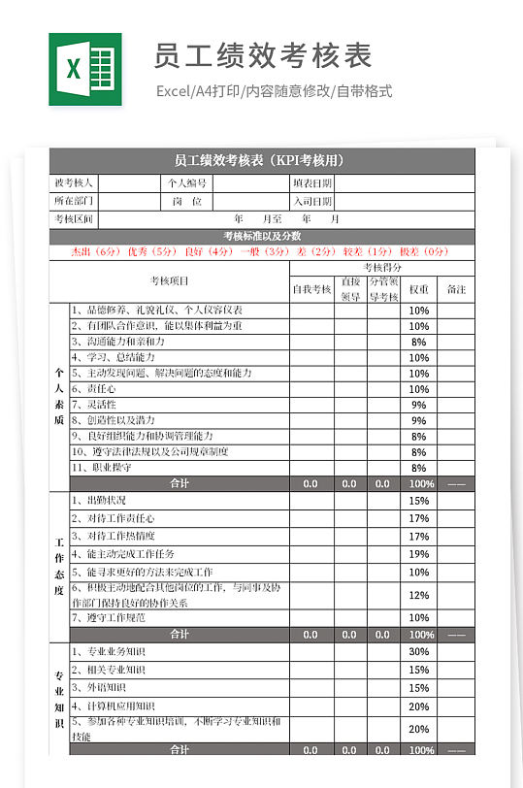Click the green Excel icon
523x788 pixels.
point(85,69)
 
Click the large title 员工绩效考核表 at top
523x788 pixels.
point(263,56)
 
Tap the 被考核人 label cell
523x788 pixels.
point(74,182)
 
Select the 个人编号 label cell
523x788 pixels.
point(187,182)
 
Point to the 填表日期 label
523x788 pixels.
point(311,182)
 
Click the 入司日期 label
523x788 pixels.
point(311,201)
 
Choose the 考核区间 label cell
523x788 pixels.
point(74,218)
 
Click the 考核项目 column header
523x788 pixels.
point(169,281)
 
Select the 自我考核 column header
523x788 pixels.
point(311,289)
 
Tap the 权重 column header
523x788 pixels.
point(418,289)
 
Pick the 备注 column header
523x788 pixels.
point(456,289)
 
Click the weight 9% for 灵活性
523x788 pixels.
point(418,405)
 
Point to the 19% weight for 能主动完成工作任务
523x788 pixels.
point(418,554)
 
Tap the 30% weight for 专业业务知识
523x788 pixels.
point(418,651)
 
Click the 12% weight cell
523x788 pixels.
point(418,595)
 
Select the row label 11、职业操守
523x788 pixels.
point(103,468)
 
